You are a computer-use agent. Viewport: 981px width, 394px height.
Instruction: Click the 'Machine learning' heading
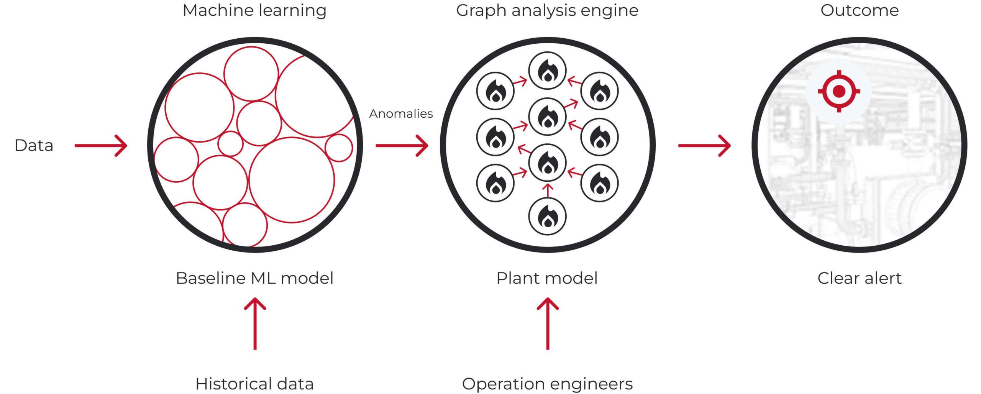click(254, 11)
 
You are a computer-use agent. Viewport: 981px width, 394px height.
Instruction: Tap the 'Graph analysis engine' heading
click(547, 11)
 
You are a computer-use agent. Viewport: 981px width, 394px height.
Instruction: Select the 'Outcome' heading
click(860, 10)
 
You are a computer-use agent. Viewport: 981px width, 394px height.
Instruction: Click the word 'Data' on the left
click(34, 146)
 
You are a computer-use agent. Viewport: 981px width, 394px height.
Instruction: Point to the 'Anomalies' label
click(401, 113)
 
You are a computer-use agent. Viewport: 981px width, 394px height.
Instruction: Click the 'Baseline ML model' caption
click(254, 278)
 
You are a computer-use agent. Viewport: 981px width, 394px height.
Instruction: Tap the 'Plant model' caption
click(547, 278)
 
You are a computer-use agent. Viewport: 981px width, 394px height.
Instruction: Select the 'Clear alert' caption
click(860, 278)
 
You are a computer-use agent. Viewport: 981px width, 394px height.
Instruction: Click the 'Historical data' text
click(254, 384)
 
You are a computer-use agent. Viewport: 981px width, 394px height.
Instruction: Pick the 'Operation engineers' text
click(547, 384)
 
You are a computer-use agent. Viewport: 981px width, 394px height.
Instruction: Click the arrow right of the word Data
click(101, 146)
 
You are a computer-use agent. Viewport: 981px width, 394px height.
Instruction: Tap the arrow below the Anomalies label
click(402, 146)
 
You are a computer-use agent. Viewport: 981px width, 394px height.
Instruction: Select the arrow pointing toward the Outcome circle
click(704, 146)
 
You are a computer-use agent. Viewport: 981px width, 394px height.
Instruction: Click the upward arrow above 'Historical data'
click(255, 324)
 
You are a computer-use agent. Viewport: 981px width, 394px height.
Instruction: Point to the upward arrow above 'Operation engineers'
click(548, 324)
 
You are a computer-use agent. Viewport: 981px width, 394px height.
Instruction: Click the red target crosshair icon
click(839, 91)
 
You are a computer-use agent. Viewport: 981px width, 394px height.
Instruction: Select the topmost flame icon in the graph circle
click(548, 71)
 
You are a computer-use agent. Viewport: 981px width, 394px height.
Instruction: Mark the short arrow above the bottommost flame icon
click(548, 191)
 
